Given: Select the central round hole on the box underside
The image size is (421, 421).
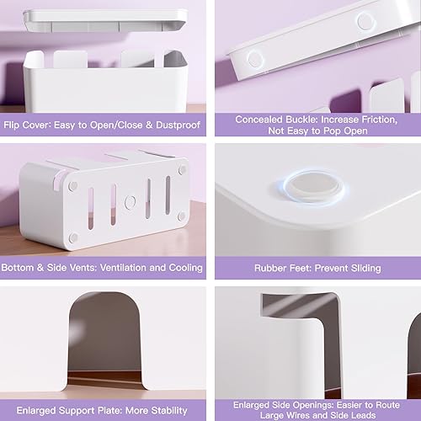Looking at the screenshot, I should [130, 202].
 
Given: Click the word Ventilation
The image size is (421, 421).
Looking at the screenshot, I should [123, 268].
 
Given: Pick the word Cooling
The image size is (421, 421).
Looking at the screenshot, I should [182, 268].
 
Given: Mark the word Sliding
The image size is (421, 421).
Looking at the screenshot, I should [363, 268].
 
